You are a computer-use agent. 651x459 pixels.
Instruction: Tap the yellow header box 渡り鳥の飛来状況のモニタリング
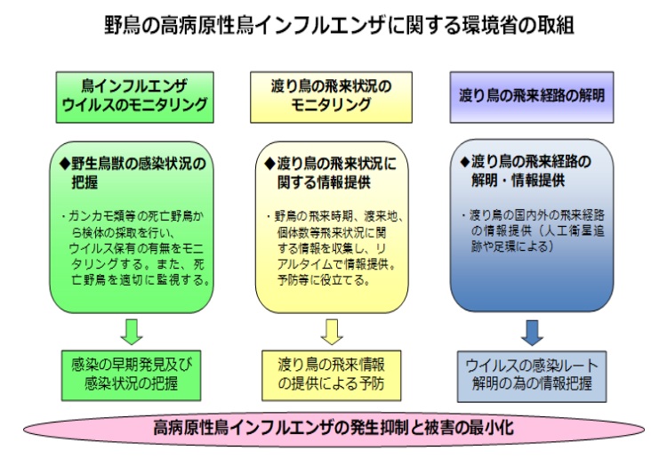click(332, 96)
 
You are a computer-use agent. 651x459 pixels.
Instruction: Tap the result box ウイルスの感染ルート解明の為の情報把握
click(532, 374)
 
